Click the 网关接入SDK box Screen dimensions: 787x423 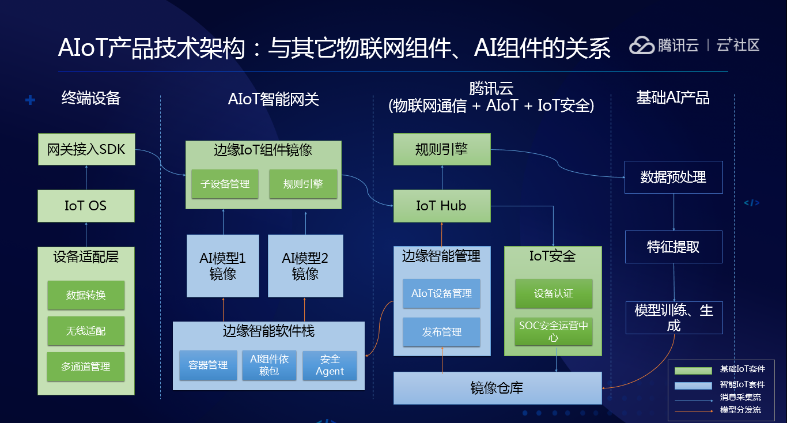click(86, 149)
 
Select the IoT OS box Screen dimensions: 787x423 click(86, 206)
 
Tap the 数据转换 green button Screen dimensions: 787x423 click(86, 295)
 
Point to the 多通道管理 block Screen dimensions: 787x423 click(86, 367)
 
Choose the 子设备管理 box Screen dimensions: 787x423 click(225, 184)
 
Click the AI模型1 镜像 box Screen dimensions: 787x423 click(223, 266)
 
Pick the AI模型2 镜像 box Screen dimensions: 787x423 click(305, 266)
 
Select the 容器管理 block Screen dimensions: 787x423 click(208, 365)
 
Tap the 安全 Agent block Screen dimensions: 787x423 click(330, 365)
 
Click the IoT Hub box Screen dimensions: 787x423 click(442, 206)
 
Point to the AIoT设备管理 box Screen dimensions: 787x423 click(442, 293)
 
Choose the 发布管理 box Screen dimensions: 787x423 click(442, 332)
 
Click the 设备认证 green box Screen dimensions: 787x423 click(554, 293)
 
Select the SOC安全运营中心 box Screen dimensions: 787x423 click(554, 331)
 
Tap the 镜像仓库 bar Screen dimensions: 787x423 click(498, 388)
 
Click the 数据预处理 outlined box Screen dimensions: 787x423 click(674, 177)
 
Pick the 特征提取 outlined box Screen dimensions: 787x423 click(674, 247)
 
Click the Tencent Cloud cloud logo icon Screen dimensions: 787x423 click(642, 46)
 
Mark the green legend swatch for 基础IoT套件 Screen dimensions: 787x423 click(693, 371)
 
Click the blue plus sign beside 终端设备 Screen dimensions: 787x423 click(30, 100)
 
